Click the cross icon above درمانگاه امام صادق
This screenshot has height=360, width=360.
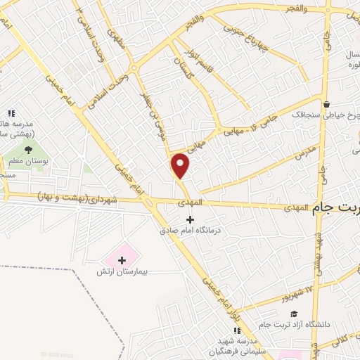pyautogui.click(x=189, y=219)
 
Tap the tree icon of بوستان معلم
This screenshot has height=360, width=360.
pyautogui.click(x=29, y=149)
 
